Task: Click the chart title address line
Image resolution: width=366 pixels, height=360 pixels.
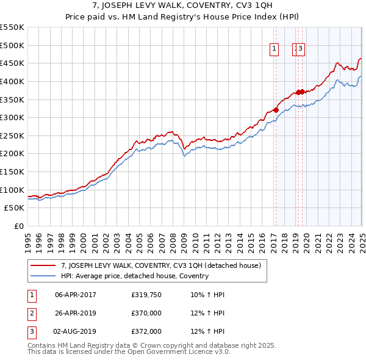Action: click(183, 7)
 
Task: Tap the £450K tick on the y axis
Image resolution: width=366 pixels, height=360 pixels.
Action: click(13, 63)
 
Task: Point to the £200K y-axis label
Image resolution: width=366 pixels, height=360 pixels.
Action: click(13, 154)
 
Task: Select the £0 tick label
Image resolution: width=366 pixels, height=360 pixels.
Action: click(18, 226)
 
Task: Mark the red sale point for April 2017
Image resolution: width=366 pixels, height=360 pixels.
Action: click(276, 110)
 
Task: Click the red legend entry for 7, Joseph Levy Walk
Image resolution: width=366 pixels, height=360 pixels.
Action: click(161, 265)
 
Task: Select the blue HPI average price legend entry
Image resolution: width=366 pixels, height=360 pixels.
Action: click(134, 276)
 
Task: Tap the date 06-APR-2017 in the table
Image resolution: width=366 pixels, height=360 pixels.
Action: click(76, 294)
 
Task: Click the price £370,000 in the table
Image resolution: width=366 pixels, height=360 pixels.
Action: click(146, 313)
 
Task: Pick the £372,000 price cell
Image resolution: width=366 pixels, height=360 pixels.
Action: click(146, 331)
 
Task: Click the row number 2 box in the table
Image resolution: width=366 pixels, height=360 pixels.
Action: click(30, 313)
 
